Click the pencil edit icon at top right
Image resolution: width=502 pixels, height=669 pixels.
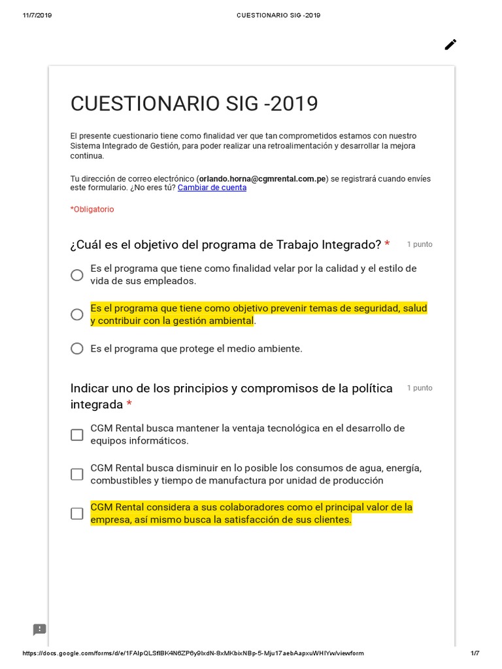(x=450, y=44)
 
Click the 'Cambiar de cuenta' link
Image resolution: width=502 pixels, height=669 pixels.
(x=212, y=188)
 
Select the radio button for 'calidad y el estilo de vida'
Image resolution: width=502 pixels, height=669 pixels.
(x=77, y=275)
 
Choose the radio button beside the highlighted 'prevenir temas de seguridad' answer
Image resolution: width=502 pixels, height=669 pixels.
(x=77, y=314)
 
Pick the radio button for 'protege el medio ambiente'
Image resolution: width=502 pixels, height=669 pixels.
(x=77, y=349)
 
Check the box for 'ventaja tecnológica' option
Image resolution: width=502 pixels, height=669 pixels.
(x=77, y=434)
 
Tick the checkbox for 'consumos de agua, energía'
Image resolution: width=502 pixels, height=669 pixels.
(x=77, y=474)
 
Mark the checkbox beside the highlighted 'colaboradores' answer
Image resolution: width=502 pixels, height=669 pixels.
(x=77, y=514)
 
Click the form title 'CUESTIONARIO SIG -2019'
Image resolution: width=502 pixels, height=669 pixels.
(x=194, y=104)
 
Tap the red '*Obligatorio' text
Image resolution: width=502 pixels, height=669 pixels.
(x=92, y=209)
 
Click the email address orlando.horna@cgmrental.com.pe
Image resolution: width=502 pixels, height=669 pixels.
(x=262, y=178)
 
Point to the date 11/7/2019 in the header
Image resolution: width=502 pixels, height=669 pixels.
(x=37, y=16)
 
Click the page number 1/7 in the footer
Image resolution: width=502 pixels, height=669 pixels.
(x=475, y=653)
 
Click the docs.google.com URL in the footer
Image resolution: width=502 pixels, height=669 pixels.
(x=193, y=653)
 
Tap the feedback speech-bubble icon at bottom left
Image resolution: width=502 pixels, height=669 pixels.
(x=40, y=630)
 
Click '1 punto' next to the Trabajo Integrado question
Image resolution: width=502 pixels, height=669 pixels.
(x=420, y=244)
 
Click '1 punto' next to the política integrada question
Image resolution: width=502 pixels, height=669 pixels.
(x=420, y=388)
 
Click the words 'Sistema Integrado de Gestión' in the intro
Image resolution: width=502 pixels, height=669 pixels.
(x=124, y=146)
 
